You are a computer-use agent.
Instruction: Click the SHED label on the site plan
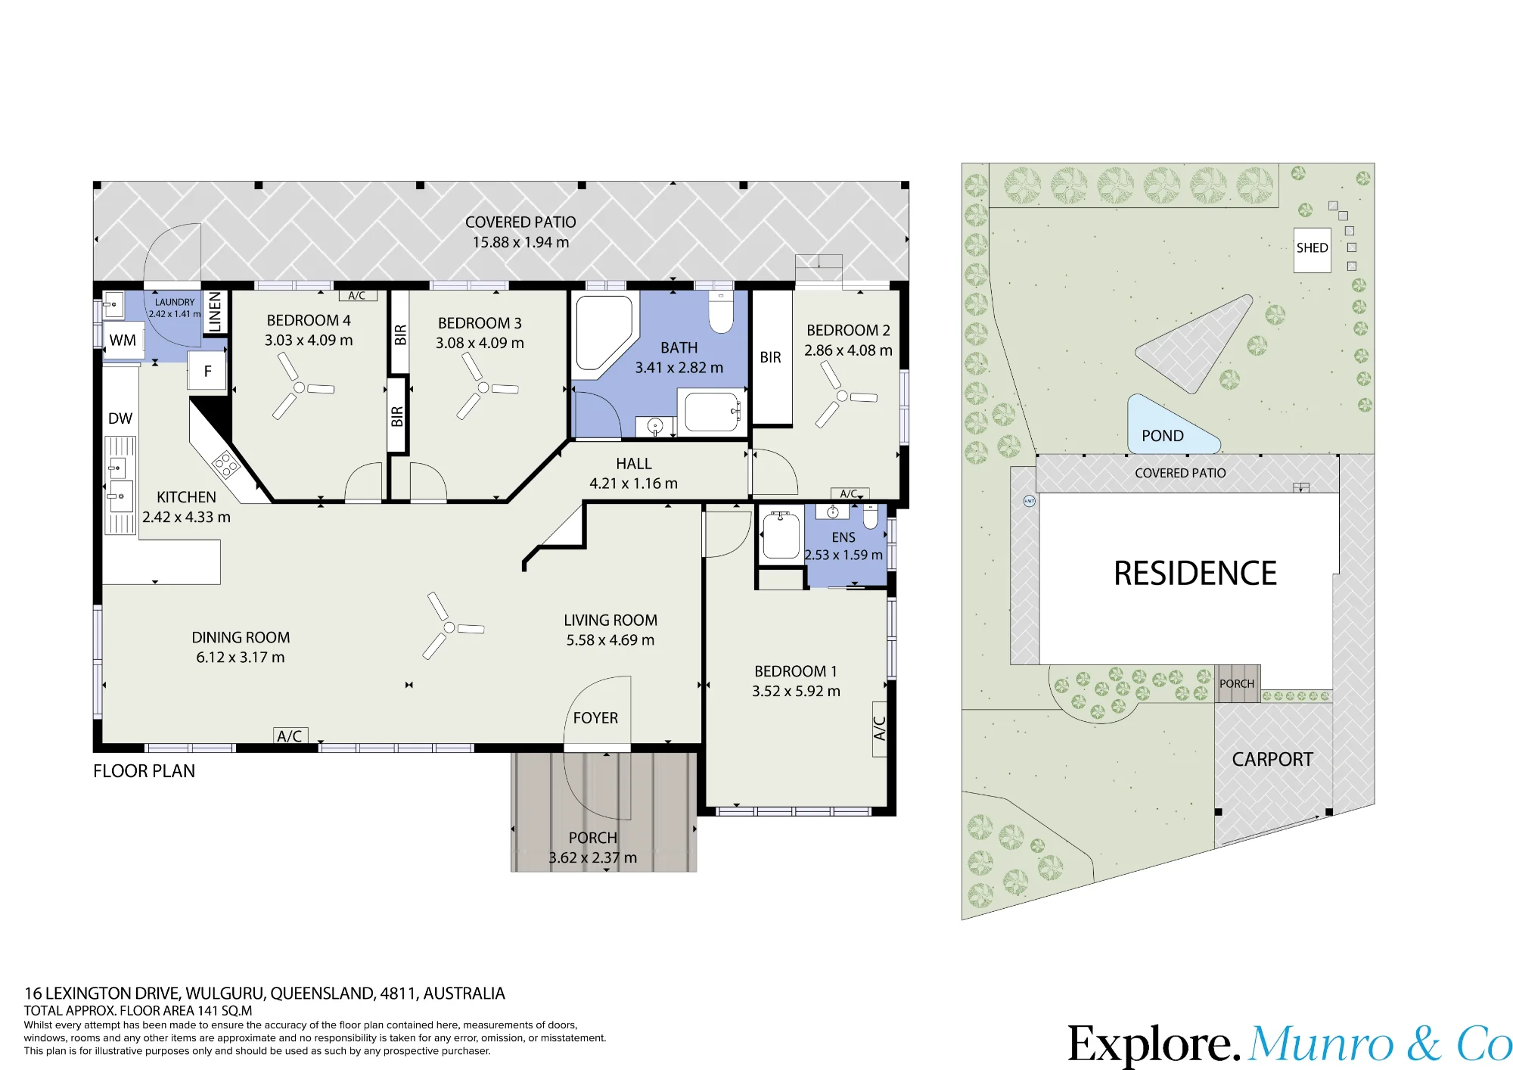[x=1312, y=248]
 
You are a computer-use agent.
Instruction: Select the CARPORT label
[x=1272, y=759]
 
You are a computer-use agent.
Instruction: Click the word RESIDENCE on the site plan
[x=1195, y=574]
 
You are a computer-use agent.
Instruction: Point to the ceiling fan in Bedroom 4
[x=300, y=387]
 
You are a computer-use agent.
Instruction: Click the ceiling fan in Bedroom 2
[x=842, y=396]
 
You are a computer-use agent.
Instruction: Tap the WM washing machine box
[x=123, y=341]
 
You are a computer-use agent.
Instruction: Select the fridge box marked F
[x=207, y=372]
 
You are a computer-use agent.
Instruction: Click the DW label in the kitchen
[x=120, y=418]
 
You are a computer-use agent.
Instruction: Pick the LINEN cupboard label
[x=215, y=312]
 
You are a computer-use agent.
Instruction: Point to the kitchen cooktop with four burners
[x=226, y=464]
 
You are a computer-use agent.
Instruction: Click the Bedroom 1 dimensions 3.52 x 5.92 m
[x=796, y=691]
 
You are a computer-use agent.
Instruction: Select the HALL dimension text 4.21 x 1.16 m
[x=633, y=483]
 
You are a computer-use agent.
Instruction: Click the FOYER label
[x=595, y=717]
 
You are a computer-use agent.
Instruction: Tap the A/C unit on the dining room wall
[x=290, y=736]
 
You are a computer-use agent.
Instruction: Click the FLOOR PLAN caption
[x=144, y=771]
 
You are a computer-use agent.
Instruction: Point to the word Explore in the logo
[x=1154, y=1045]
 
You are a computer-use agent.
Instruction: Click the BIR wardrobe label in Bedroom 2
[x=771, y=357]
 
